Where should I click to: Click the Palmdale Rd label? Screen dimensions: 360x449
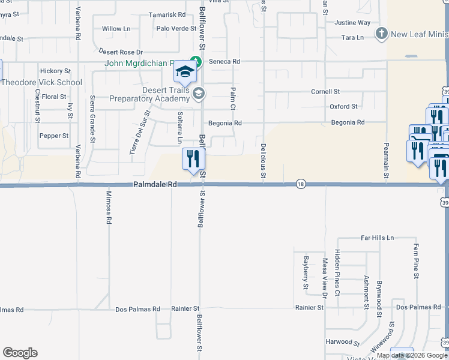[x=155, y=185]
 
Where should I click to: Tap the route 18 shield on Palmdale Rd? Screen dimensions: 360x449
[x=300, y=184]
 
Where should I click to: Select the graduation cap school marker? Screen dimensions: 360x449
[x=185, y=74]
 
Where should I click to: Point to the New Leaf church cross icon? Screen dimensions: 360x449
[x=381, y=34]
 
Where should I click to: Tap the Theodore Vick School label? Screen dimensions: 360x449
[x=42, y=82]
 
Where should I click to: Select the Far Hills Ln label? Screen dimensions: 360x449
[x=377, y=238]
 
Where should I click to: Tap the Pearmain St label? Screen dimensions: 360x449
[x=387, y=160]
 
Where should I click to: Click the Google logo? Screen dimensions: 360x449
[x=20, y=353]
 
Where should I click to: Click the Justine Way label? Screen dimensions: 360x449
[x=352, y=23]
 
